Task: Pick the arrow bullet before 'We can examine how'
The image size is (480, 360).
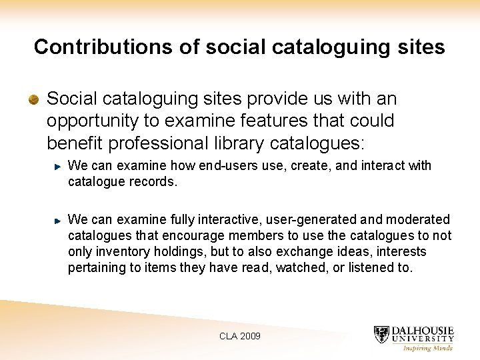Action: pos(59,165)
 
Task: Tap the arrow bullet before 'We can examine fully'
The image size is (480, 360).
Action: pos(59,219)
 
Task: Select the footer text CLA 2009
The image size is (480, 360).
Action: pos(240,336)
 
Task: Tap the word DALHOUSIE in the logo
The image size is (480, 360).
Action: pos(423,331)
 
